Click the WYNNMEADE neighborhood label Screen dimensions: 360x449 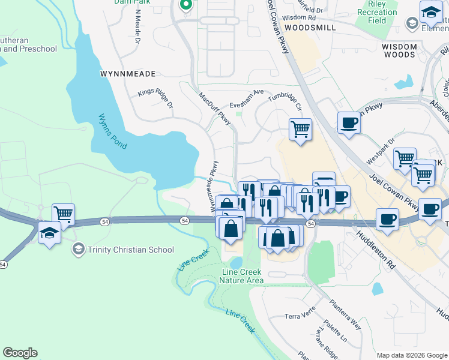(128, 74)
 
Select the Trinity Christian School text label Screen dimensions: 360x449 (131, 250)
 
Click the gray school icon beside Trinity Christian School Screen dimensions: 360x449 (78, 249)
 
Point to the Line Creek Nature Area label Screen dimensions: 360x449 (239, 276)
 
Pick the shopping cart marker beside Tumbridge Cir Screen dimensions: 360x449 (300, 128)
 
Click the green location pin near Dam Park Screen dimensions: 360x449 (185, 5)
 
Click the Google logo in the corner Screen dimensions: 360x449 (20, 353)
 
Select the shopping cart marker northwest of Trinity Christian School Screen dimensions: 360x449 (62, 214)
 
